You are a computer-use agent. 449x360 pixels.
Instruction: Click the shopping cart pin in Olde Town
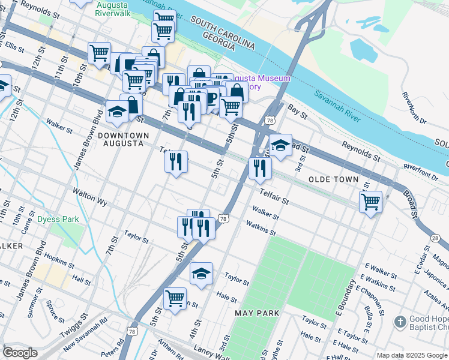click(371, 201)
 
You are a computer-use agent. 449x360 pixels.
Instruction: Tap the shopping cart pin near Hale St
click(175, 298)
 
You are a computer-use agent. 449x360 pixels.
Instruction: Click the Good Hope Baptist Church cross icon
click(400, 322)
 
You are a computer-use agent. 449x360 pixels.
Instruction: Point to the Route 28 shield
click(435, 238)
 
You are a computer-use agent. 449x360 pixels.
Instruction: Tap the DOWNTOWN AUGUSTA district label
click(121, 140)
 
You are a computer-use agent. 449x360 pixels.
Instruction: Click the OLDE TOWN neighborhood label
click(333, 179)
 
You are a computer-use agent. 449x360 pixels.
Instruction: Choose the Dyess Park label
click(58, 220)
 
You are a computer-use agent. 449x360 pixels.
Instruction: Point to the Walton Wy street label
click(89, 197)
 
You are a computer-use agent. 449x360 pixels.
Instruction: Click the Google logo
click(20, 353)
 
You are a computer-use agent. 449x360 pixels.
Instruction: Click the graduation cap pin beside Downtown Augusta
click(116, 111)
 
